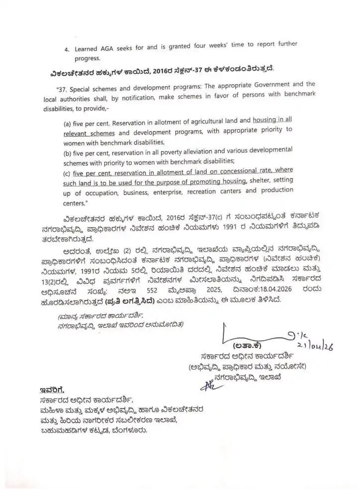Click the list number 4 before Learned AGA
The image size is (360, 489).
point(67,49)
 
